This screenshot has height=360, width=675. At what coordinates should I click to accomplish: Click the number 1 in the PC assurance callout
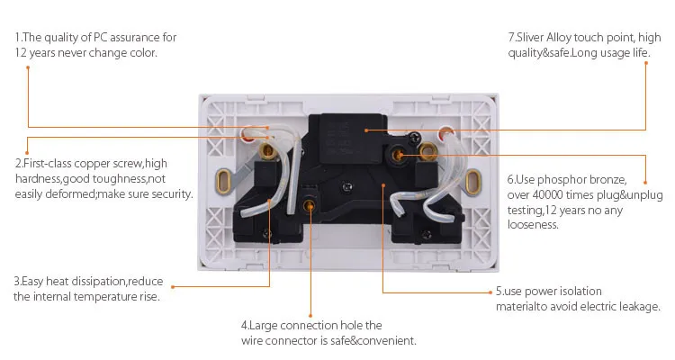coord(17,38)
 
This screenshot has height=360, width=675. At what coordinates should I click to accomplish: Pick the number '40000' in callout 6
coord(550,194)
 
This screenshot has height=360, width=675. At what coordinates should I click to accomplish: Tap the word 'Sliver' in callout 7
coord(534,38)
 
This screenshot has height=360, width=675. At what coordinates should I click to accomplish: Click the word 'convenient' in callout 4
coord(389,340)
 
